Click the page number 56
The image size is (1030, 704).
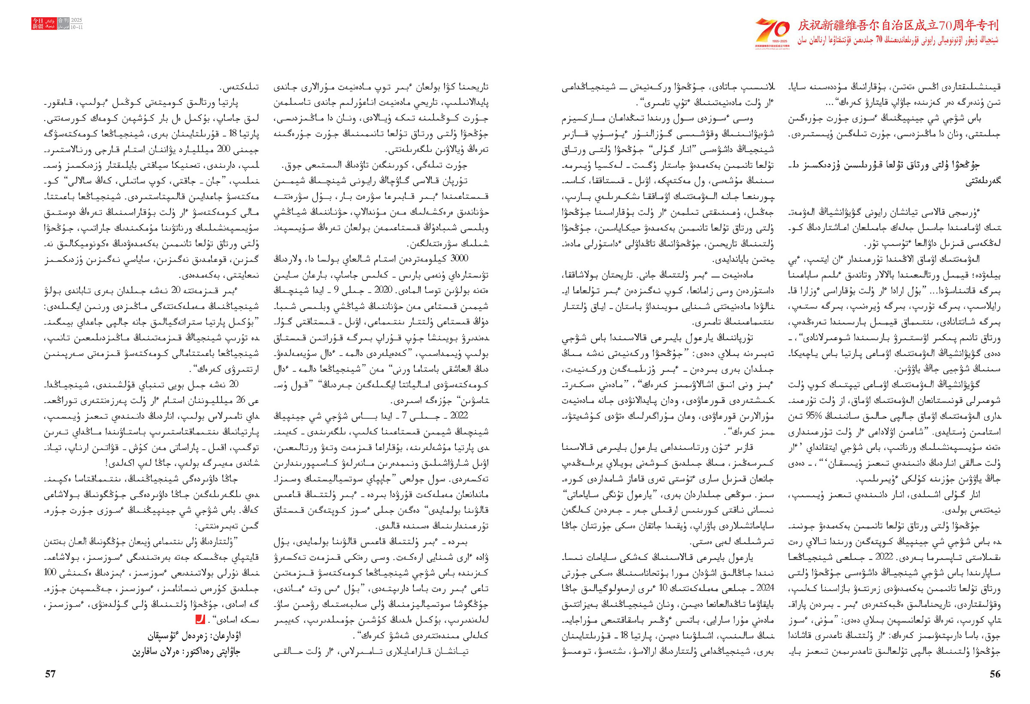(995, 674)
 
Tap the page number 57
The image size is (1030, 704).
(51, 674)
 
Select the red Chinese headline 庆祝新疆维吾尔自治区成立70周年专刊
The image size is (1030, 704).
(898, 25)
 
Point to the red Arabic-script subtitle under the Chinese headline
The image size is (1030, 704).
(898, 40)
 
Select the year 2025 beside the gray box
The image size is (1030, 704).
(77, 21)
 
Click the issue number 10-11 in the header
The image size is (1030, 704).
(77, 27)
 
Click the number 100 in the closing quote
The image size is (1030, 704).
(50, 571)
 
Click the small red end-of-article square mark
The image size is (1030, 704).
(200, 620)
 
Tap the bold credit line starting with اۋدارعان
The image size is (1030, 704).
(195, 636)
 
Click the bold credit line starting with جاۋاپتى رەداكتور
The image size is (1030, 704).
(186, 652)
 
